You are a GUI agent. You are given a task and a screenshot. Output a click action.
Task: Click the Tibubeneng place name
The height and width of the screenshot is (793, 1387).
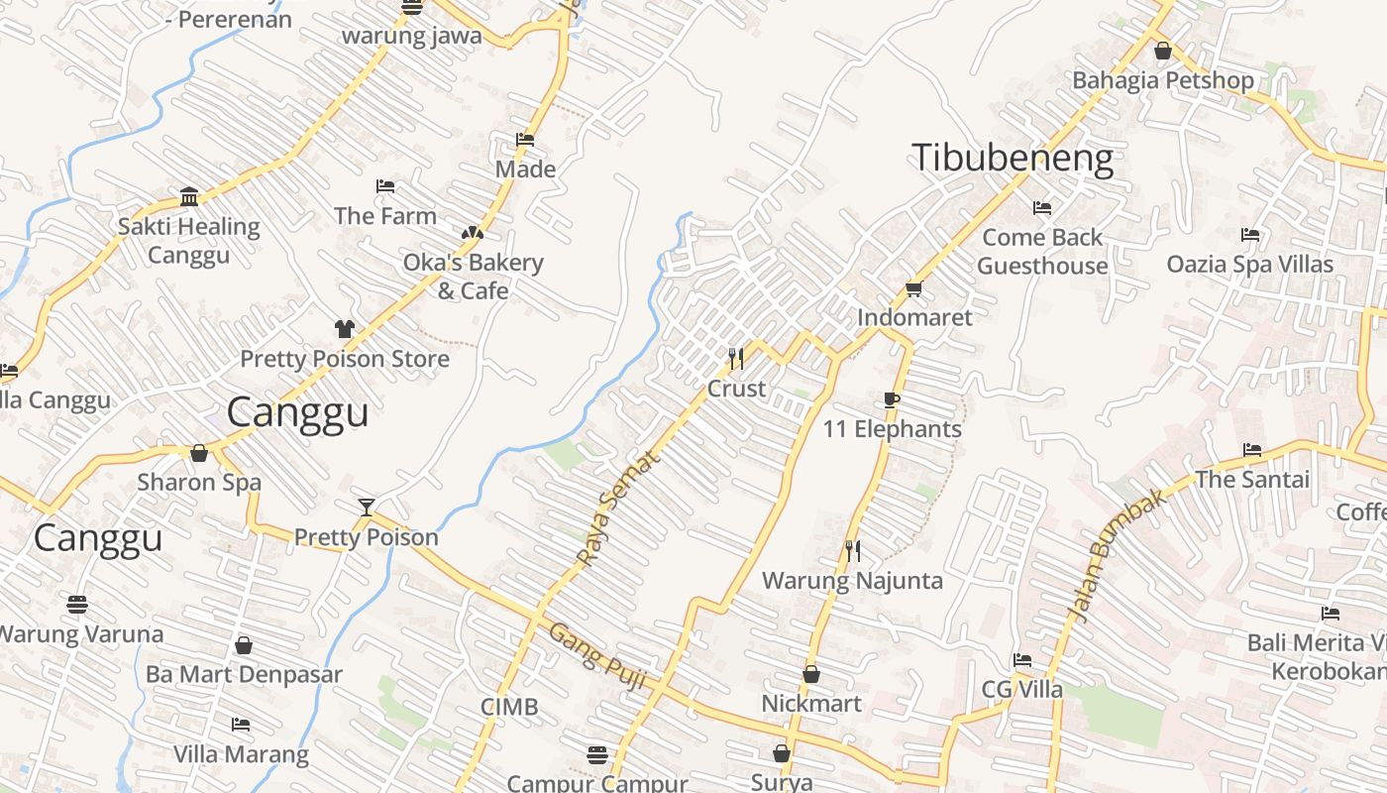click(1012, 159)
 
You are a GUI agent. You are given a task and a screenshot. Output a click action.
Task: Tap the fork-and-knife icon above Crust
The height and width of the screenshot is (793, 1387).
click(736, 358)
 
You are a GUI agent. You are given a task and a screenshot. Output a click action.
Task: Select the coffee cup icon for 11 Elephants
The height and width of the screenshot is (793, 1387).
click(892, 399)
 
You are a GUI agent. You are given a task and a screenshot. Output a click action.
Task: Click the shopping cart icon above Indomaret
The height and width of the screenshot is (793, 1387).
click(913, 288)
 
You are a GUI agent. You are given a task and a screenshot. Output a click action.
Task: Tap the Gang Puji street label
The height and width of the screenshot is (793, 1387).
click(597, 656)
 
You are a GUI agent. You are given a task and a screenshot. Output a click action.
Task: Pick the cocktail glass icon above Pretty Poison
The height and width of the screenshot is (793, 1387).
click(367, 507)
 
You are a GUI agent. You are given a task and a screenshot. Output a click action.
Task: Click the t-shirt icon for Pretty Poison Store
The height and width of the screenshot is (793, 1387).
click(344, 328)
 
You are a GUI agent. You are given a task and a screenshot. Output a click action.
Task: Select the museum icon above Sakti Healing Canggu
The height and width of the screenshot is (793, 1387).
click(189, 196)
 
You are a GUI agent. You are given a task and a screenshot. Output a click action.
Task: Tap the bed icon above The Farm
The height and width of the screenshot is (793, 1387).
click(385, 186)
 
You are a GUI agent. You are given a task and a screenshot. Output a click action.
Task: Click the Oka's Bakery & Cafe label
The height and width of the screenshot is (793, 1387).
click(473, 277)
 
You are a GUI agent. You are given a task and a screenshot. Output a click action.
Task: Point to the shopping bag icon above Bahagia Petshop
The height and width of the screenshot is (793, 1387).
click(1163, 50)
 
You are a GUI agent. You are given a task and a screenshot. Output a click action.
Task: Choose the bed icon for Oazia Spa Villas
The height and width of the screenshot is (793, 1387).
click(1250, 235)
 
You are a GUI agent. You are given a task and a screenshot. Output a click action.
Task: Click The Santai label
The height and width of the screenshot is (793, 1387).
click(1252, 480)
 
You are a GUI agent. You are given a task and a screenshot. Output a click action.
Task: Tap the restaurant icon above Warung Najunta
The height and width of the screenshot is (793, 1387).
click(852, 550)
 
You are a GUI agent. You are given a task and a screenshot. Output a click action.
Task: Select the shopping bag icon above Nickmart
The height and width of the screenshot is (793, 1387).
click(811, 674)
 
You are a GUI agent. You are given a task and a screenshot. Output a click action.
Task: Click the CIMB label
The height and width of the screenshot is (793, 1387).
click(509, 707)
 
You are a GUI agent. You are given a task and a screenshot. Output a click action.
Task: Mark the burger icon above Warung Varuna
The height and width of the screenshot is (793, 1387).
click(77, 603)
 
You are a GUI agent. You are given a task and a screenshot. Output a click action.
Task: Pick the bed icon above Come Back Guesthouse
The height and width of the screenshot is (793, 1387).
click(1042, 208)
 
